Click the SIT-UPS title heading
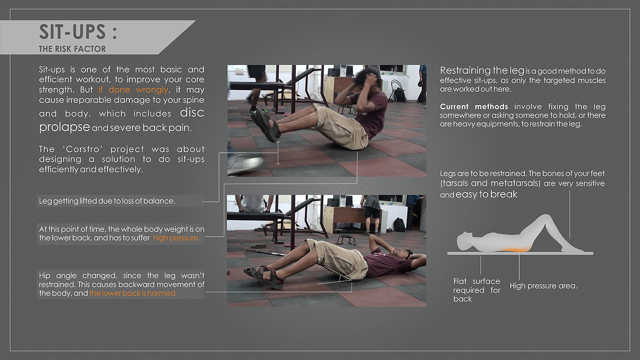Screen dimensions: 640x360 pyautogui.click(x=78, y=32)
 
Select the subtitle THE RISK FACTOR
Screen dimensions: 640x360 pyautogui.click(x=72, y=49)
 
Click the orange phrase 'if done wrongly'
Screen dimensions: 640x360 pyautogui.click(x=133, y=90)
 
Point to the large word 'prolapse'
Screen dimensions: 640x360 pyautogui.click(x=64, y=127)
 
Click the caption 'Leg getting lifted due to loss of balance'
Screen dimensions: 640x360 pyautogui.click(x=107, y=201)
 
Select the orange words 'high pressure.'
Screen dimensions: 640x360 pyautogui.click(x=176, y=238)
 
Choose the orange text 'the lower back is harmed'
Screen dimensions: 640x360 pyautogui.click(x=132, y=293)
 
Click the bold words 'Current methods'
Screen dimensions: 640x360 pyautogui.click(x=474, y=107)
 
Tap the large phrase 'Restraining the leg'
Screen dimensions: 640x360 pyautogui.click(x=482, y=70)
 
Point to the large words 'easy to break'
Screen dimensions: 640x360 pyautogui.click(x=486, y=195)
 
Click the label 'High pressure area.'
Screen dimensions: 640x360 pyautogui.click(x=544, y=286)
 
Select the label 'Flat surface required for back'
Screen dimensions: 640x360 pyautogui.click(x=476, y=290)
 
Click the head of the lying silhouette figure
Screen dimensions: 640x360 pyautogui.click(x=464, y=240)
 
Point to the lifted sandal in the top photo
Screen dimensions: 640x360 pyautogui.click(x=265, y=125)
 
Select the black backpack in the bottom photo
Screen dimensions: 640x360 pyautogui.click(x=400, y=224)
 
